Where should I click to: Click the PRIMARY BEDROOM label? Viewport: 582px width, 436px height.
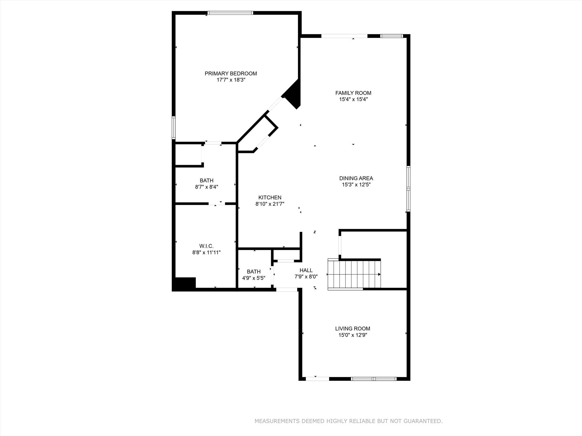pyautogui.click(x=230, y=74)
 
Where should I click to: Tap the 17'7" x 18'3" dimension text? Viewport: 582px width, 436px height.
pyautogui.click(x=230, y=80)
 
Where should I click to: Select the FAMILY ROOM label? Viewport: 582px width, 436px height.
pyautogui.click(x=353, y=93)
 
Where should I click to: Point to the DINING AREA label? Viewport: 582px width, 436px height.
pyautogui.click(x=356, y=178)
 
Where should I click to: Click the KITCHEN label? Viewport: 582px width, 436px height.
pyautogui.click(x=270, y=198)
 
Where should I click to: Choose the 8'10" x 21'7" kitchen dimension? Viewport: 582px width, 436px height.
pyautogui.click(x=270, y=204)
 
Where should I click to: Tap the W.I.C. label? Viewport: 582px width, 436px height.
pyautogui.click(x=206, y=246)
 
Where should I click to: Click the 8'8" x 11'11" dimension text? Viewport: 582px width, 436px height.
pyautogui.click(x=206, y=252)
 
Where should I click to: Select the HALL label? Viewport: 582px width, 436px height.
pyautogui.click(x=306, y=270)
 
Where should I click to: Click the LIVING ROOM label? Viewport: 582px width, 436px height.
pyautogui.click(x=352, y=328)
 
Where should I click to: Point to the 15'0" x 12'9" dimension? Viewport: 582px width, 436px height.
pyautogui.click(x=352, y=335)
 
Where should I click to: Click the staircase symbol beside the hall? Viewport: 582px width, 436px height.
pyautogui.click(x=354, y=274)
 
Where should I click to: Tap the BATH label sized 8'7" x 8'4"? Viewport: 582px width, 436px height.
pyautogui.click(x=206, y=181)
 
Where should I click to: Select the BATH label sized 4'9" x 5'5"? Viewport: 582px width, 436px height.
pyautogui.click(x=253, y=272)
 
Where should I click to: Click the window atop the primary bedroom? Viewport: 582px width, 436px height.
pyautogui.click(x=230, y=13)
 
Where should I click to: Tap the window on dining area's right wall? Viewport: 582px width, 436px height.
pyautogui.click(x=408, y=189)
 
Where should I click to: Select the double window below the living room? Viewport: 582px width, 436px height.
pyautogui.click(x=374, y=379)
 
